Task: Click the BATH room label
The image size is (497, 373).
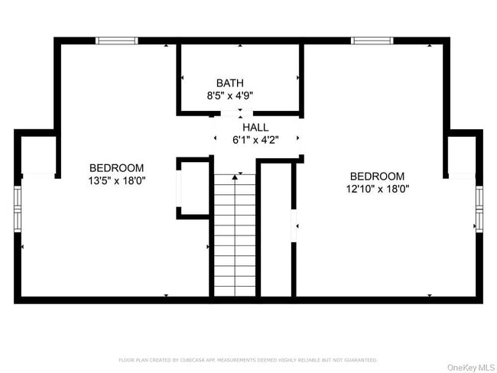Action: tap(230, 83)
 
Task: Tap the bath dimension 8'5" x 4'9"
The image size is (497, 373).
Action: tap(230, 96)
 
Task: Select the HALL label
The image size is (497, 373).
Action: tap(255, 127)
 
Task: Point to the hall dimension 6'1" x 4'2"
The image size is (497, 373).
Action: tap(255, 140)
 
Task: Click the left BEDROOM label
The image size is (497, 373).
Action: tap(116, 168)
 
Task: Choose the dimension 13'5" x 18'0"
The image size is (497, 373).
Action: tap(116, 181)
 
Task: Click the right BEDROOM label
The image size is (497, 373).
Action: tap(377, 177)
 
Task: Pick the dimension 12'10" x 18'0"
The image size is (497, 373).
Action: tap(377, 190)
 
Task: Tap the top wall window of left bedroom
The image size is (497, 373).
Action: tap(117, 41)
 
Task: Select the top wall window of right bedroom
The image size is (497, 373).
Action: tap(372, 41)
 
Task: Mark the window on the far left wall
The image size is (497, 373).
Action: tap(18, 203)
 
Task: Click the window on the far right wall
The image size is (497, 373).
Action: tap(479, 206)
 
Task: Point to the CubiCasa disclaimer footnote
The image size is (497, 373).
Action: tap(248, 360)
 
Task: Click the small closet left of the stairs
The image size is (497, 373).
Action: tap(193, 187)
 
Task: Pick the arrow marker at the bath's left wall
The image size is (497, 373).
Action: tap(182, 78)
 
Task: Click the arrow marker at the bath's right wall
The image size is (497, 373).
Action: tap(297, 78)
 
